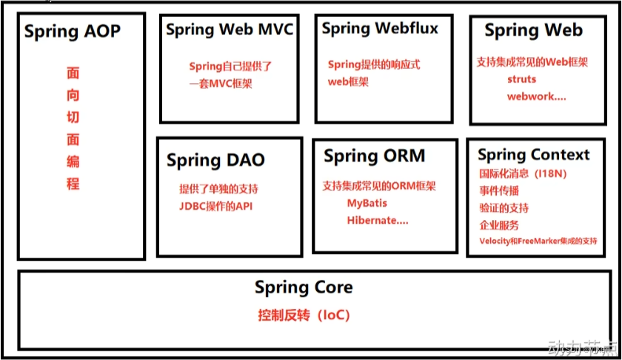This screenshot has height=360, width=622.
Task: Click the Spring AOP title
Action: tap(73, 32)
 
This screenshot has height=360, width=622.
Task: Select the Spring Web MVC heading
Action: tap(230, 30)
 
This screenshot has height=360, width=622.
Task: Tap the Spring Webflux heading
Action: tap(380, 29)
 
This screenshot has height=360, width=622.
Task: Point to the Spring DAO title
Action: tap(215, 161)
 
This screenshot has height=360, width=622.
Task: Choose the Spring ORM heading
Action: tap(375, 156)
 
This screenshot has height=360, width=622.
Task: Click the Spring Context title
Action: tap(534, 155)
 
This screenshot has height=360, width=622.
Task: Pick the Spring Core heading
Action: tap(304, 287)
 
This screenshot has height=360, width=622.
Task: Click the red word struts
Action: tap(522, 79)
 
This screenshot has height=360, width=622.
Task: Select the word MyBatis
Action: tap(367, 203)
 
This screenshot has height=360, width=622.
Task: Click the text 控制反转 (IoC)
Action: tap(304, 316)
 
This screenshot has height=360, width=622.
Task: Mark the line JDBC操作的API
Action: tap(216, 206)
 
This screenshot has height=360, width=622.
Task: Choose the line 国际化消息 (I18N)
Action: tap(523, 173)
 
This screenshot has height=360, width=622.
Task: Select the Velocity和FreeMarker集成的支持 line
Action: tap(539, 241)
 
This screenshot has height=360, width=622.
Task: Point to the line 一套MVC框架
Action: tap(221, 84)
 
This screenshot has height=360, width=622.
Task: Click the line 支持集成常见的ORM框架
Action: tap(379, 185)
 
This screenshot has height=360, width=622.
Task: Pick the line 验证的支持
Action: tap(504, 207)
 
